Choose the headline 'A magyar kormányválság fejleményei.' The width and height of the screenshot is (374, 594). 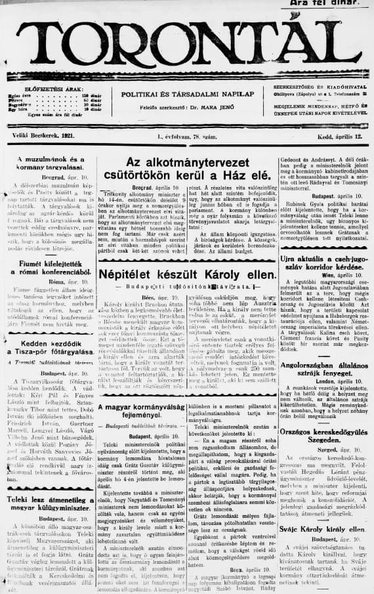(137, 413)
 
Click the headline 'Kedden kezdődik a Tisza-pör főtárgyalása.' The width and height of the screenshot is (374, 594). (51, 347)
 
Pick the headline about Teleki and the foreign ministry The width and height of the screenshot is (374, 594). (51, 503)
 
